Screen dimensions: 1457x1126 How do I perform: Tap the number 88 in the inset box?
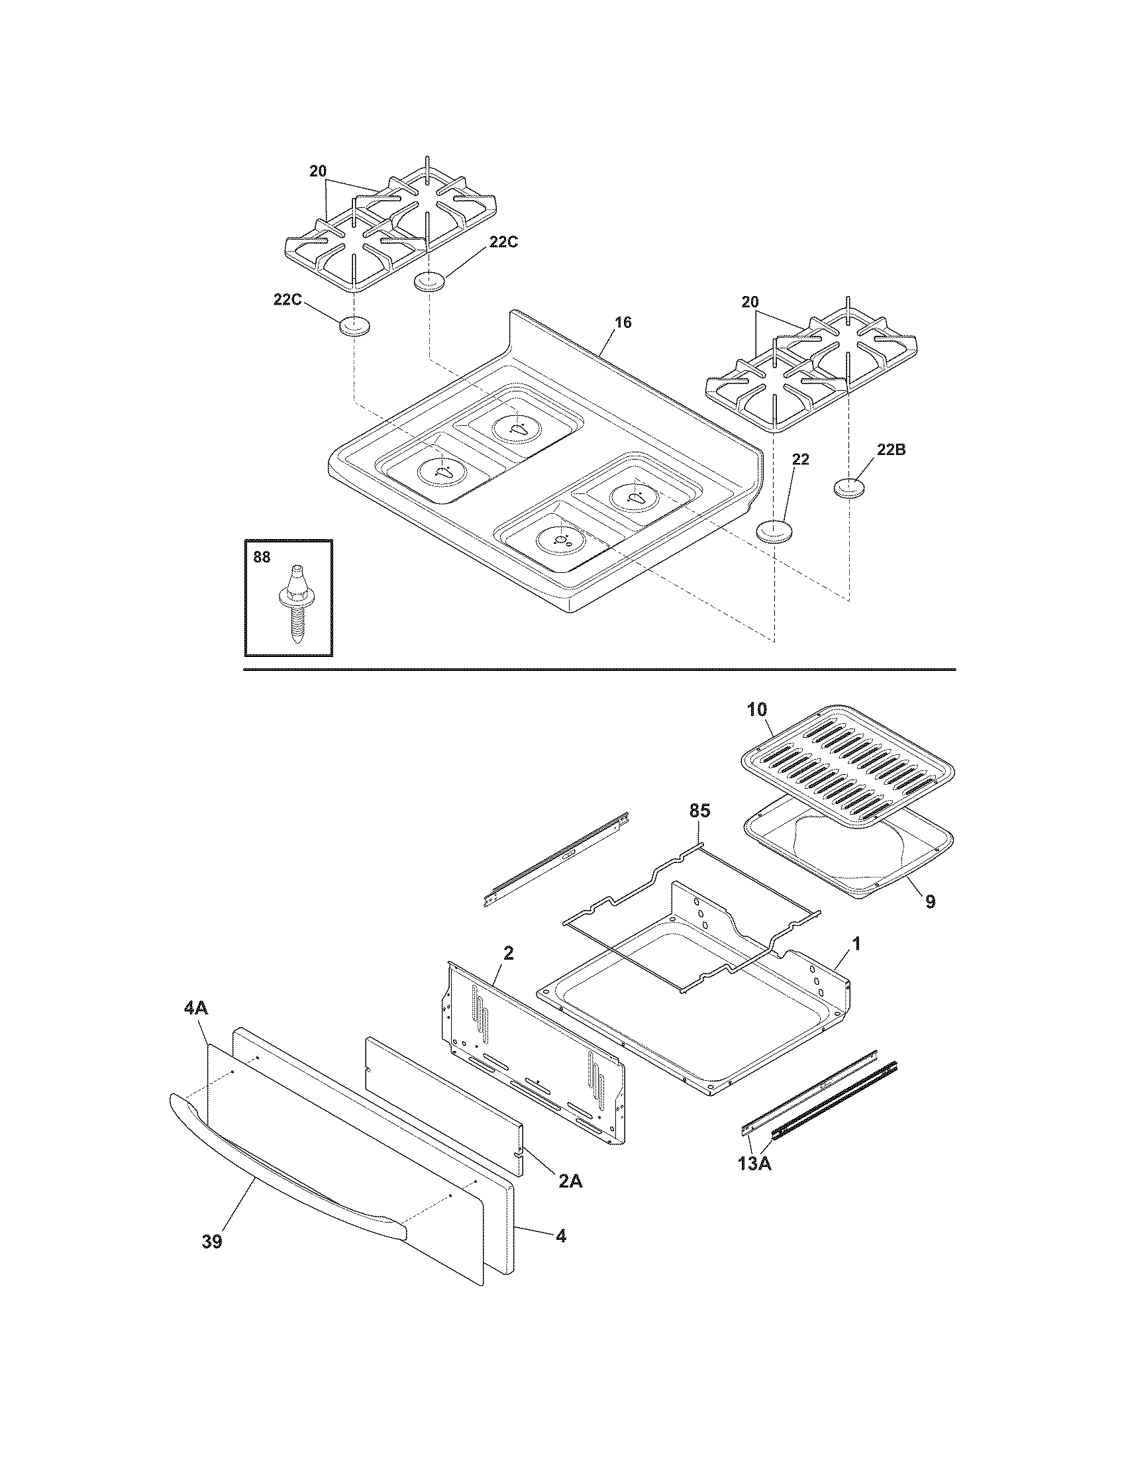(262, 557)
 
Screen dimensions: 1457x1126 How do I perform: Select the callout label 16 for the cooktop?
(623, 323)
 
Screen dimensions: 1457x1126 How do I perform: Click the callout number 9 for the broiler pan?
(931, 902)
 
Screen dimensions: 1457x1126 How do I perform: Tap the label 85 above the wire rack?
(699, 811)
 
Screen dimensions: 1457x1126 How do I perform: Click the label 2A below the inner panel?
(570, 1181)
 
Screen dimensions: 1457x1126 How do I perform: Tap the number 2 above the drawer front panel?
(508, 953)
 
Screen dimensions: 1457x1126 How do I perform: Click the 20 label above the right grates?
(750, 302)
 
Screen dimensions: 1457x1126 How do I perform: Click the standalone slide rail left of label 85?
(557, 859)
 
